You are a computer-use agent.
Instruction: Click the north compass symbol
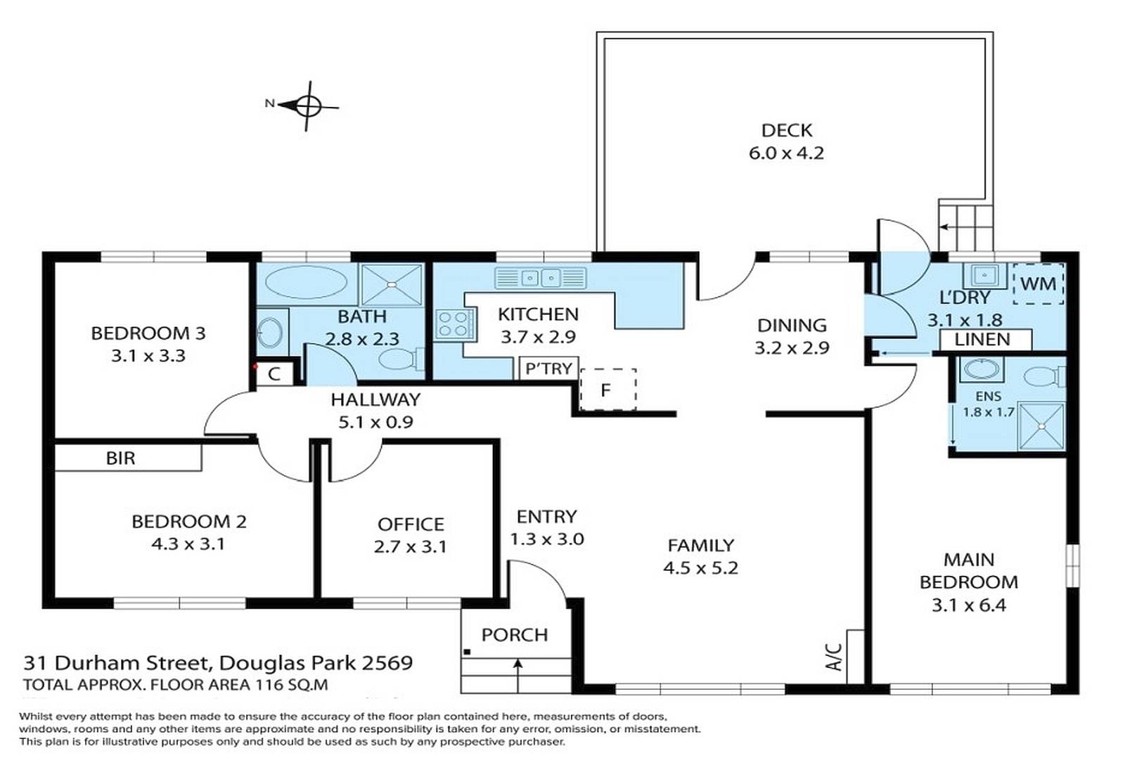[x=307, y=106]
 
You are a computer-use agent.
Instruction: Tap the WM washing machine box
[x=1038, y=284]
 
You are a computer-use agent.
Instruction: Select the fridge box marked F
[x=608, y=390]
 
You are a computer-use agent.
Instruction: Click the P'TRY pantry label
[x=548, y=368]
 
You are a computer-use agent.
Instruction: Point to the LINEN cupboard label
[x=982, y=340]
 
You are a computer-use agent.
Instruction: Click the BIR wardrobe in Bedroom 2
[x=128, y=458]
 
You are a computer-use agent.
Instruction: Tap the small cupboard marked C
[x=274, y=374]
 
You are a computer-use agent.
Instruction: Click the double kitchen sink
[x=541, y=278]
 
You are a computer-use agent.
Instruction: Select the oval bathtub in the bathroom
[x=305, y=283]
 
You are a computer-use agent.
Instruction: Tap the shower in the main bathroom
[x=392, y=284]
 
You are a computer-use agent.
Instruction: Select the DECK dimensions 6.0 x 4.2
[x=787, y=153]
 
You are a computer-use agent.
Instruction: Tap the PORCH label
[x=515, y=635]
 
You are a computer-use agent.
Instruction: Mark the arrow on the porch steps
[x=518, y=676]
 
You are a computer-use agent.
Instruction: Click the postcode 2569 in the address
[x=387, y=663]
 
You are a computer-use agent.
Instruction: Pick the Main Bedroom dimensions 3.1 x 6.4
[x=969, y=605]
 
